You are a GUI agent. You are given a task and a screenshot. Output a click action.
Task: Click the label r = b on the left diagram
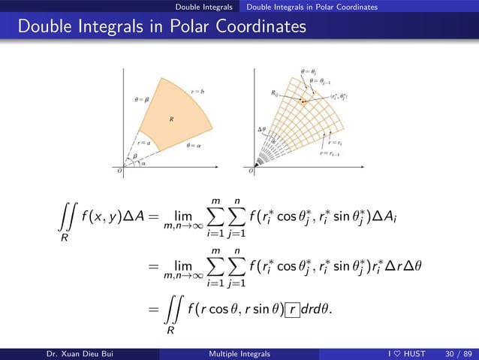point(198,91)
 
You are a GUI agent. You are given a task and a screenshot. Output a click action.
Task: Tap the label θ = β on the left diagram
point(142,98)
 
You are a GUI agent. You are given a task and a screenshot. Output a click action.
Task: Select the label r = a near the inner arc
point(143,141)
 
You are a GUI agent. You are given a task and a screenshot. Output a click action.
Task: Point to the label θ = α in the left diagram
point(193,147)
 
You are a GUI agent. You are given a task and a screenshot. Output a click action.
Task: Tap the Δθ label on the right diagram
point(262,129)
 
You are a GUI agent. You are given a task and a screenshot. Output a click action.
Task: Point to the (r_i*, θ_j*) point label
point(339,96)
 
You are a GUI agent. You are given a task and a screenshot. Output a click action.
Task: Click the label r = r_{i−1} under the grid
point(330,153)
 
